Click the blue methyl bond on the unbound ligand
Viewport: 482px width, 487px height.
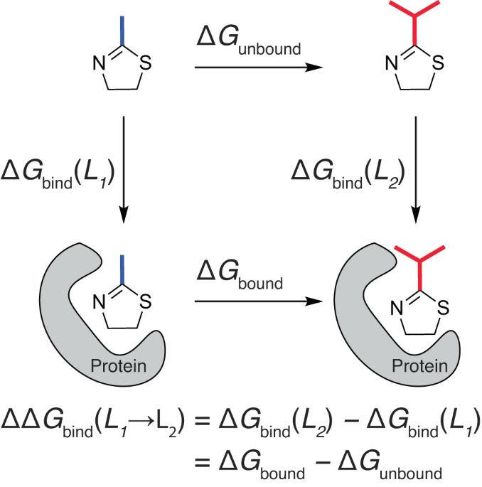coord(122,31)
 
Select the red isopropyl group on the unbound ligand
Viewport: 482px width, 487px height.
coord(414,18)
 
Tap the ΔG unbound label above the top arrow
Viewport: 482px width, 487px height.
coord(249,41)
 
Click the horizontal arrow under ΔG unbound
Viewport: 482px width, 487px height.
coord(259,67)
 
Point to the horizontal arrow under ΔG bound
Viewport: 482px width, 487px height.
coord(259,301)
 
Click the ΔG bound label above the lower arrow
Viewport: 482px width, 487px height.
coord(240,275)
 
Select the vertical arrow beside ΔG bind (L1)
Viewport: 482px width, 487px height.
coord(124,170)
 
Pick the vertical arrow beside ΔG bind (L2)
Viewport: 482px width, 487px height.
coord(416,170)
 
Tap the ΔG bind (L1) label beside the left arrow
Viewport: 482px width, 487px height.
coord(58,174)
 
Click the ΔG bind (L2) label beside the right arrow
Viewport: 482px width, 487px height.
coord(348,174)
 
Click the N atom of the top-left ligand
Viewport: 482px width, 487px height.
coord(100,63)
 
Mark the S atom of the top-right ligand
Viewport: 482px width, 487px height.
coord(438,63)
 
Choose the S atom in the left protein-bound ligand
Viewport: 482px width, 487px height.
coord(145,301)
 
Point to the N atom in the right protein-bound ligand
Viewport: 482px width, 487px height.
coord(397,308)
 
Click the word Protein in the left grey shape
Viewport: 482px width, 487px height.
coord(118,366)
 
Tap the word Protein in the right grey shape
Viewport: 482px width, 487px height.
coord(419,366)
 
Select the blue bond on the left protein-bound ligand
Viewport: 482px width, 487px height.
coord(122,269)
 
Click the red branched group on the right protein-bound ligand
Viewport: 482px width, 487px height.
coord(419,268)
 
